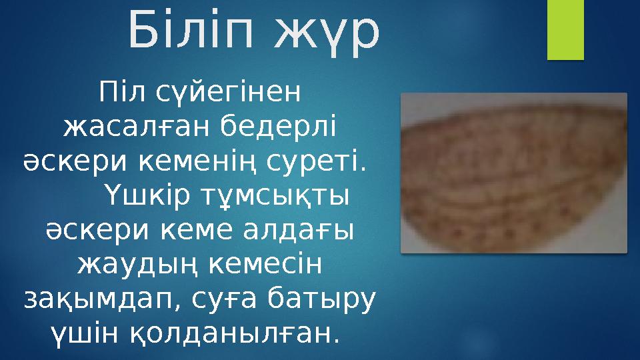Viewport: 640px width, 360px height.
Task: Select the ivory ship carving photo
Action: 513,173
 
